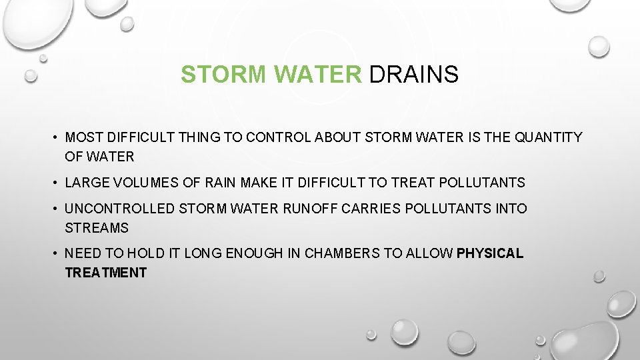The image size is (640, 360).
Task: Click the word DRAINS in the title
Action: (x=413, y=75)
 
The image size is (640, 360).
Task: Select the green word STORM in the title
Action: (x=225, y=75)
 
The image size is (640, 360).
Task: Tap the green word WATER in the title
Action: (x=317, y=75)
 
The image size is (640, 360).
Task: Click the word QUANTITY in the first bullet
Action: (x=549, y=137)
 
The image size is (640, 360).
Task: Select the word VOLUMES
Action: (x=146, y=182)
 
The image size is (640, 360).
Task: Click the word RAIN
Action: (x=231, y=182)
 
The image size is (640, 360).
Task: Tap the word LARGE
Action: (x=87, y=182)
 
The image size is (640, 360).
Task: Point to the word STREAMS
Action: (x=96, y=227)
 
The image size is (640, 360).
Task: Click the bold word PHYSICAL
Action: (x=490, y=253)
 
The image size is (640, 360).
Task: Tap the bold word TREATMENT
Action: (x=105, y=272)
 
